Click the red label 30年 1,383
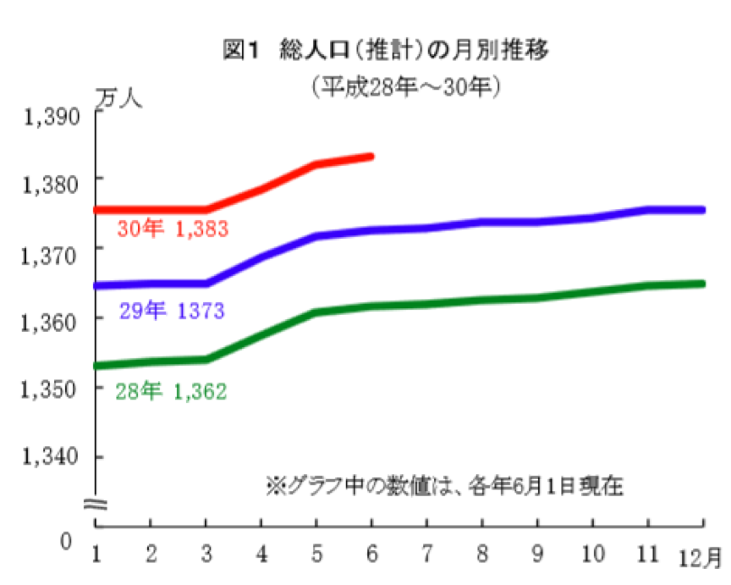(173, 229)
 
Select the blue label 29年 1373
(172, 312)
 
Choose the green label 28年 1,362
(172, 391)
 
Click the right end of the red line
(371, 156)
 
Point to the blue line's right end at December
(702, 210)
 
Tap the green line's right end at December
(702, 284)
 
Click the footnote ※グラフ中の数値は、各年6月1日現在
(444, 487)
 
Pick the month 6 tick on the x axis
(372, 554)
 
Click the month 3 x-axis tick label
(206, 554)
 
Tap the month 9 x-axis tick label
(536, 554)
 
